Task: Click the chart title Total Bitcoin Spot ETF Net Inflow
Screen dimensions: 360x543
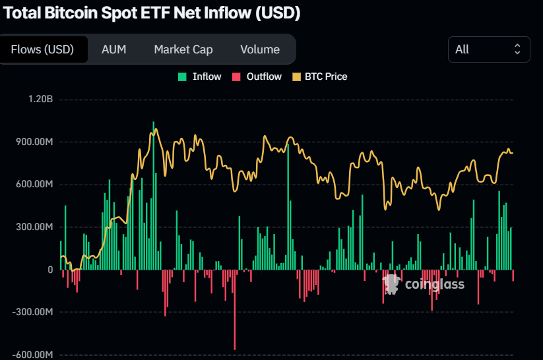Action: [152, 13]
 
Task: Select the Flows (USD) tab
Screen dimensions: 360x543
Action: [42, 49]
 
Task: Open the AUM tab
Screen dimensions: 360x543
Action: [113, 49]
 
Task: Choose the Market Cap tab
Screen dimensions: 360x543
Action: [183, 49]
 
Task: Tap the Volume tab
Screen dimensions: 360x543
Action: [260, 49]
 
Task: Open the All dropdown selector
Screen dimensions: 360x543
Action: [488, 49]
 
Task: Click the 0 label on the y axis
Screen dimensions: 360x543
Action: [49, 270]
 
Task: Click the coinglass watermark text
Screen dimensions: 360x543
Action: [434, 285]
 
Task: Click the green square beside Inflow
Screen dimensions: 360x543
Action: [183, 76]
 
